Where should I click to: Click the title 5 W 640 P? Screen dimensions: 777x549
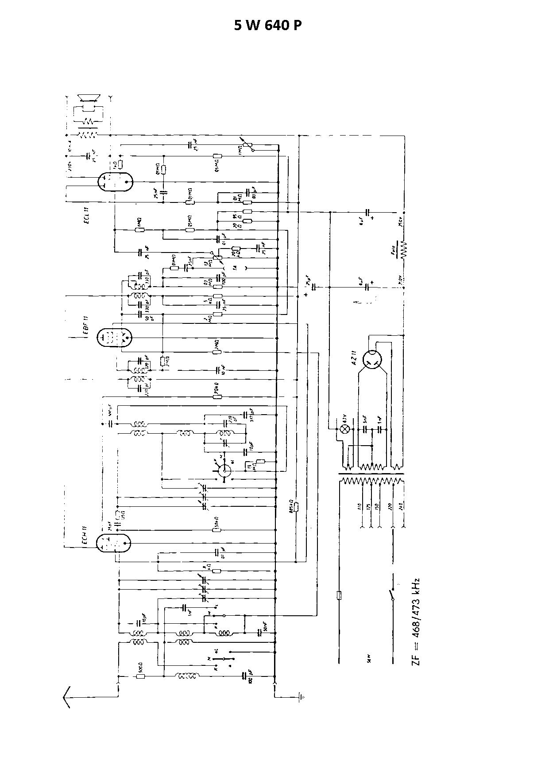click(268, 26)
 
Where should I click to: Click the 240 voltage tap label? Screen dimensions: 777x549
click(402, 506)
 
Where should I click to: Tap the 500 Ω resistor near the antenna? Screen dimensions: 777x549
click(140, 676)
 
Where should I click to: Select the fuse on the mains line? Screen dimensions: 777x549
click(339, 595)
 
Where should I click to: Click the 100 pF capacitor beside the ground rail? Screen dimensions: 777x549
click(244, 676)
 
